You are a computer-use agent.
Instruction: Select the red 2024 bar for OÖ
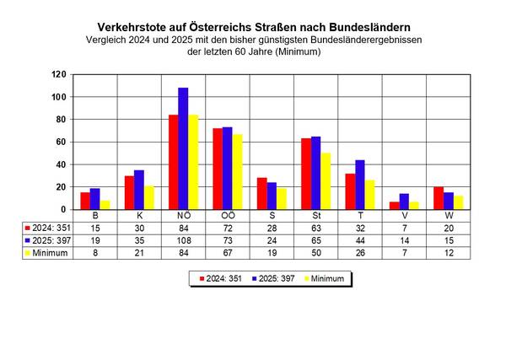tap(218, 169)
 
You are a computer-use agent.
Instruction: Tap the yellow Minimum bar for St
tap(326, 181)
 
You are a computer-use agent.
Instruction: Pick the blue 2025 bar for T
tap(359, 185)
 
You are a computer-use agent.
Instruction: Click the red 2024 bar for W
tap(439, 198)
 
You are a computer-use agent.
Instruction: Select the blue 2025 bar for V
tap(404, 201)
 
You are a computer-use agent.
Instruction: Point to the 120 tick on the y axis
tap(58, 74)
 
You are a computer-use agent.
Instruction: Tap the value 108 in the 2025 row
tap(183, 239)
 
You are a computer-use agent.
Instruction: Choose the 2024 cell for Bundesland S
tap(261, 228)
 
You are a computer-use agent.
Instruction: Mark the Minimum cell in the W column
tap(448, 252)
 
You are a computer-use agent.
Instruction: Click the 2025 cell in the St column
tap(316, 239)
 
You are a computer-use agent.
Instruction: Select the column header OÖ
tap(228, 216)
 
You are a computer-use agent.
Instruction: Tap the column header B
tap(95, 216)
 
